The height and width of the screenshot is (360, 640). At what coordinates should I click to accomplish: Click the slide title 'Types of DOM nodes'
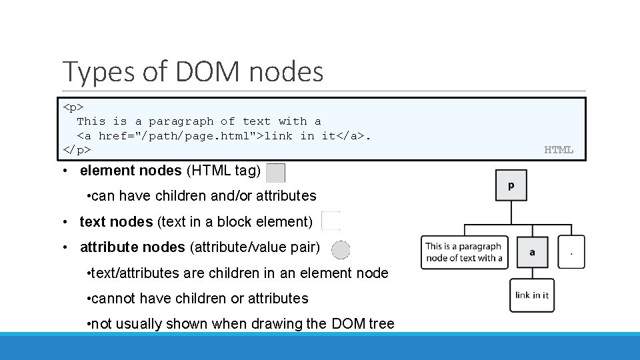tap(193, 72)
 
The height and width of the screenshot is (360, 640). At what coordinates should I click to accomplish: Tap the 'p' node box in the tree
tap(511, 185)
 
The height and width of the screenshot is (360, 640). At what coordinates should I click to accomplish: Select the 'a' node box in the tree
tap(532, 252)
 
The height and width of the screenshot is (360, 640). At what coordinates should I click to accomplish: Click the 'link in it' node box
tap(531, 295)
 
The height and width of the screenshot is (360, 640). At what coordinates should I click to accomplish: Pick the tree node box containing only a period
tap(571, 252)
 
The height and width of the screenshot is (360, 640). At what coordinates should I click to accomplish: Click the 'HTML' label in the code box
tap(559, 150)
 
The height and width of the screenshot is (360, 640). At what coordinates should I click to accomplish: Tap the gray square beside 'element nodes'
tap(275, 173)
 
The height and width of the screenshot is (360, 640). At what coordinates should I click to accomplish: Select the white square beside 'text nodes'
tap(331, 221)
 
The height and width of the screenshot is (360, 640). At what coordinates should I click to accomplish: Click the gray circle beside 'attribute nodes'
tap(341, 250)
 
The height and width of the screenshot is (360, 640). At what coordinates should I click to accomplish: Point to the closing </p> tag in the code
tap(77, 150)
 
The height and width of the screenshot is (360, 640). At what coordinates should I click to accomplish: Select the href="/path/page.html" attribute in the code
tap(180, 136)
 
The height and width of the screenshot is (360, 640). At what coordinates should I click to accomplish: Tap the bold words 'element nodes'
tap(130, 171)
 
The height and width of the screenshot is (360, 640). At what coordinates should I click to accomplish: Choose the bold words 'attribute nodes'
tap(132, 247)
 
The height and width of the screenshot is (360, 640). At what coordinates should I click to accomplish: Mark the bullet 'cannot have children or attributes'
tap(197, 299)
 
